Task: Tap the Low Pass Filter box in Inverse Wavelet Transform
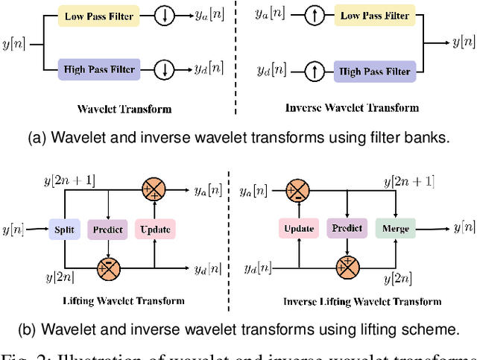(375, 16)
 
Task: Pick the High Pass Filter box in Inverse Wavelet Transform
(375, 72)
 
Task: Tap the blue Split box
(63, 230)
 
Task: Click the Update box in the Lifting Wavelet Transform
(154, 230)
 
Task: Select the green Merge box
(396, 229)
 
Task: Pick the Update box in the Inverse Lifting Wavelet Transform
(298, 229)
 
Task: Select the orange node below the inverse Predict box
(346, 266)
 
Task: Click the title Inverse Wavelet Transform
(352, 108)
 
